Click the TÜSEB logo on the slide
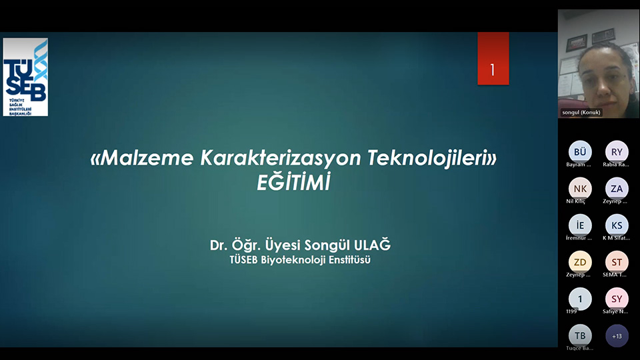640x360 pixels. (x=25, y=77)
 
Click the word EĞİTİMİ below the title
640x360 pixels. (x=293, y=183)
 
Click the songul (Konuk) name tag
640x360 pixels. (x=581, y=112)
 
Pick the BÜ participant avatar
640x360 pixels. (x=580, y=151)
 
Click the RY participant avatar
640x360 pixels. (x=617, y=151)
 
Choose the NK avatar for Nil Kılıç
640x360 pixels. (x=580, y=188)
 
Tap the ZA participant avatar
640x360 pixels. (x=617, y=188)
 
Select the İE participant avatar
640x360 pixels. (x=580, y=225)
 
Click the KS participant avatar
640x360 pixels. (x=617, y=225)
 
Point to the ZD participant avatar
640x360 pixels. (x=580, y=262)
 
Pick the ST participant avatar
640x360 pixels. (x=617, y=262)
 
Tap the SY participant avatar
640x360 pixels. (x=617, y=299)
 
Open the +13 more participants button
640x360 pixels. (x=617, y=335)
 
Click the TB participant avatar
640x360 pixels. (x=580, y=335)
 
